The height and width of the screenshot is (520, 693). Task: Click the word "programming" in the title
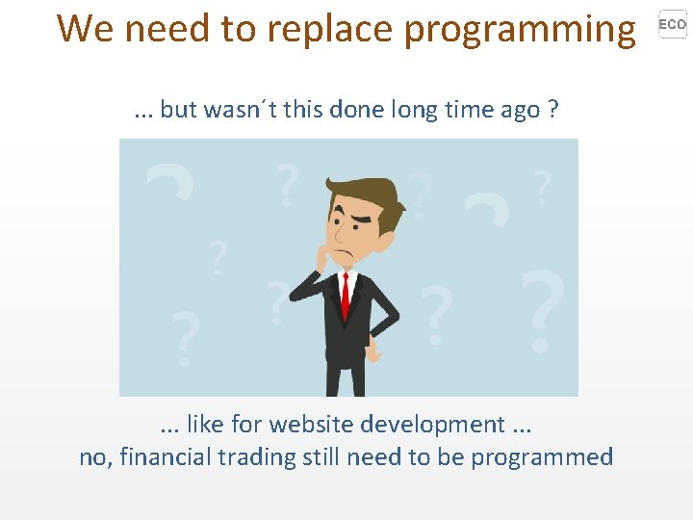[x=520, y=30]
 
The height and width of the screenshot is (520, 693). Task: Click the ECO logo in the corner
[x=672, y=24]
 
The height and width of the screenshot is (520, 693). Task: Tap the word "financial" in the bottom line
[x=164, y=456]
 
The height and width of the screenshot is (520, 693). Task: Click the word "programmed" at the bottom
[x=543, y=456]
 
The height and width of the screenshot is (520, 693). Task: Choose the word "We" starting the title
[x=86, y=30]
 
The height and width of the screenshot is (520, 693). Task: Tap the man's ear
[x=390, y=221]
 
